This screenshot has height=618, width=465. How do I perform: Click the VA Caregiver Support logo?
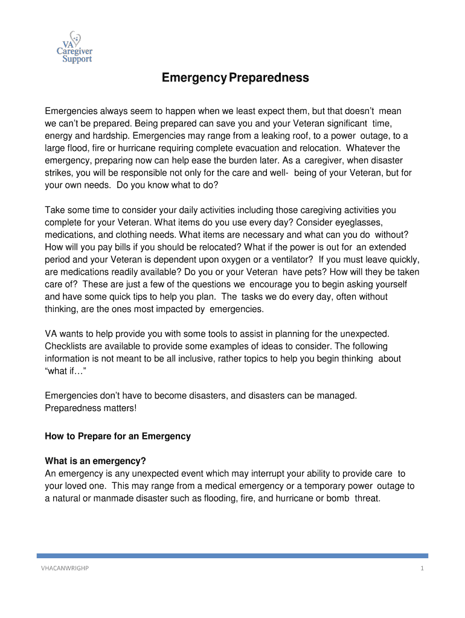pyautogui.click(x=74, y=48)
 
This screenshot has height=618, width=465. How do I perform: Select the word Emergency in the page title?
pyautogui.click(x=190, y=78)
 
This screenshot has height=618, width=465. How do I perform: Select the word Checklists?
pyautogui.click(x=66, y=346)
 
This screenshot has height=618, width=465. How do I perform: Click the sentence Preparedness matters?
pyautogui.click(x=91, y=408)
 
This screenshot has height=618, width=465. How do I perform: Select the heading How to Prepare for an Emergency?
pyautogui.click(x=118, y=436)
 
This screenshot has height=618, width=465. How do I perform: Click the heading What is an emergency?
pyautogui.click(x=95, y=461)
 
